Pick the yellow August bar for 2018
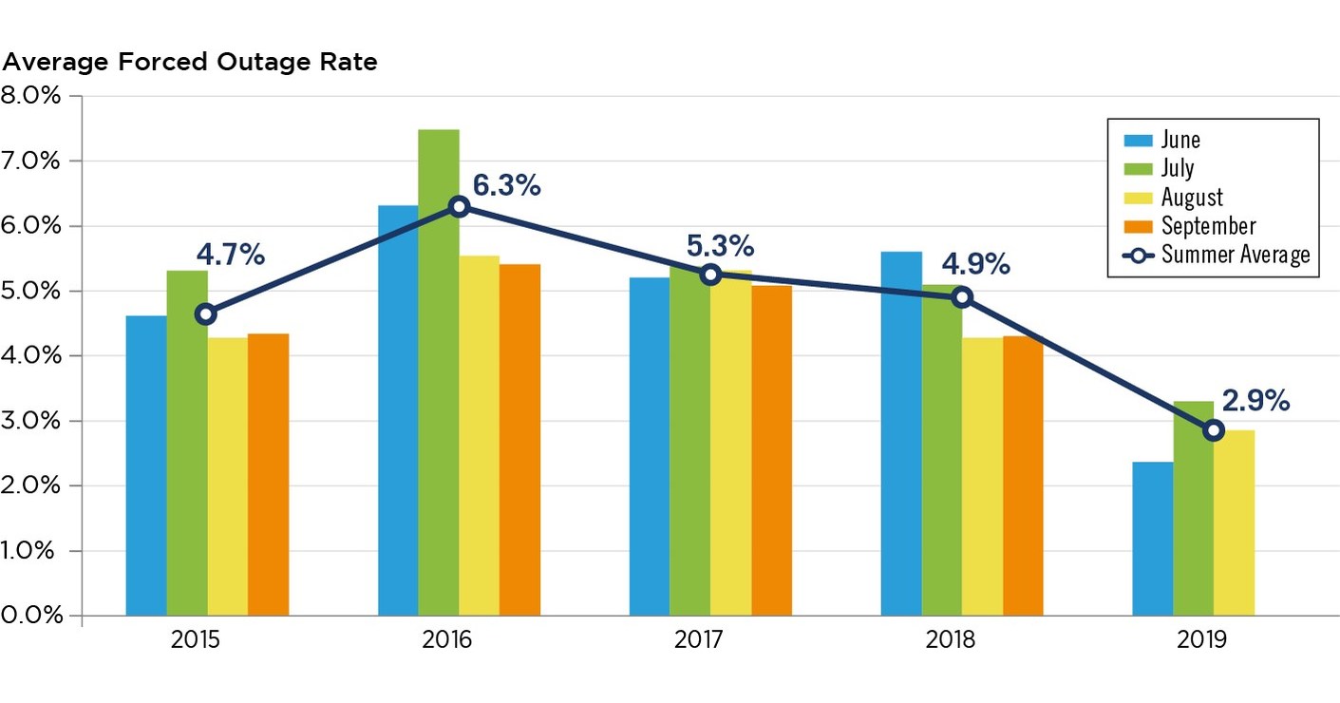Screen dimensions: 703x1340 click(982, 475)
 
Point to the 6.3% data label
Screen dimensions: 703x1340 click(506, 186)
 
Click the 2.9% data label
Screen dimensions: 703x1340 click(1255, 402)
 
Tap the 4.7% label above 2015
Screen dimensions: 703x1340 click(230, 256)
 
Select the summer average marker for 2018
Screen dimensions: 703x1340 click(962, 297)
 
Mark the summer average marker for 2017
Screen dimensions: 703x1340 click(710, 275)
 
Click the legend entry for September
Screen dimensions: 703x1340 click(1208, 226)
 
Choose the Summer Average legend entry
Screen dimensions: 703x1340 click(1235, 255)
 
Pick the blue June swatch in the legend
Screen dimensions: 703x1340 click(1138, 141)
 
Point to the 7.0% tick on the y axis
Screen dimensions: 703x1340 click(31, 161)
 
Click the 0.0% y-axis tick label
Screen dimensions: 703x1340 click(31, 615)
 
